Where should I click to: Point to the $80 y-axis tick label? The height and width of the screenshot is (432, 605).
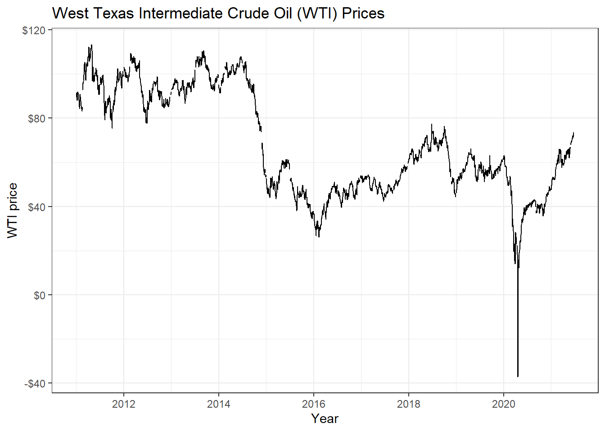tap(36, 118)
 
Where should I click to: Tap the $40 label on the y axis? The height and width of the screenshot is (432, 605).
tap(36, 207)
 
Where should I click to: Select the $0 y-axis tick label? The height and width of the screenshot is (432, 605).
tap(40, 295)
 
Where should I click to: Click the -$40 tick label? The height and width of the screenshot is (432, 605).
tap(35, 383)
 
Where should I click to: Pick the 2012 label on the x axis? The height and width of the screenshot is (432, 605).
tap(124, 404)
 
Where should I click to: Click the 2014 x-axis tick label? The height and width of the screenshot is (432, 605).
tap(219, 404)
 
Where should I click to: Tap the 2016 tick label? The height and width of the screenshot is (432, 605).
tap(314, 404)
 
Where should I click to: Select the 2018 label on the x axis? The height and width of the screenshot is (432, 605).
tap(409, 404)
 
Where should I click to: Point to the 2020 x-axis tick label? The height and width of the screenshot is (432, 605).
tap(504, 404)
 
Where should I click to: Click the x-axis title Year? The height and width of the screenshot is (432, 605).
tap(325, 418)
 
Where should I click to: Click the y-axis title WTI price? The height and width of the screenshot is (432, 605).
tap(13, 210)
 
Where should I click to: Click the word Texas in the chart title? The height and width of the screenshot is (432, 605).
tap(113, 13)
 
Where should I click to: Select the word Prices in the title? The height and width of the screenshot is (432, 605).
tap(363, 13)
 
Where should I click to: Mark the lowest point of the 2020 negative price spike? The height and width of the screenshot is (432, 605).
tap(518, 376)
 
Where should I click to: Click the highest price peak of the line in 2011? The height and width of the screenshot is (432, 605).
tap(91, 45)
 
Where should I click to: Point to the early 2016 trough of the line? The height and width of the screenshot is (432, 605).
tap(319, 237)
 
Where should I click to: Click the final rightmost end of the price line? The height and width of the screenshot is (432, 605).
tap(573, 133)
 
